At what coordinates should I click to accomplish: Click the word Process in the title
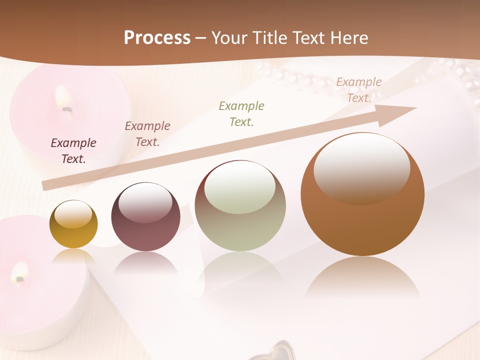[157, 38]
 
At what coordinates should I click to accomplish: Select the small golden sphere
[73, 224]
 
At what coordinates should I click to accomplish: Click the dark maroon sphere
[145, 217]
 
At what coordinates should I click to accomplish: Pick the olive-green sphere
[240, 206]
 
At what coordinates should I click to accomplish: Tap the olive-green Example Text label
[241, 113]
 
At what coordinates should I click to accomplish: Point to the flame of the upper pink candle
[63, 98]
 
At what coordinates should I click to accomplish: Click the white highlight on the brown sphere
[361, 167]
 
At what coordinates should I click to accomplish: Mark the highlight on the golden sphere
[73, 215]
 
